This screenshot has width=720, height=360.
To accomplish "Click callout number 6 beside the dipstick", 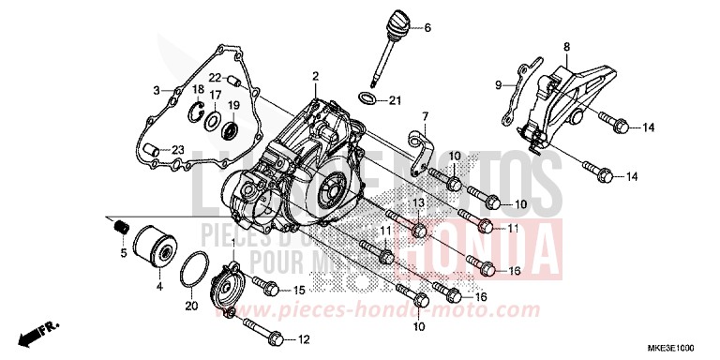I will (427, 28).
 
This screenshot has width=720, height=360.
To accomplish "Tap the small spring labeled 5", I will (119, 225).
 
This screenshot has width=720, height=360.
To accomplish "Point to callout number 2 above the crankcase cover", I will (316, 75).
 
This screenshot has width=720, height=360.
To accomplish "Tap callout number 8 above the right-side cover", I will (566, 46).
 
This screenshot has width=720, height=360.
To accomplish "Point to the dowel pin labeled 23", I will (149, 148).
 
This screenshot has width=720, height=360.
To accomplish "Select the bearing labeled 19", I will (233, 125).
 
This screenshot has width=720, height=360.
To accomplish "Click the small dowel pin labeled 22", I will (231, 81).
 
